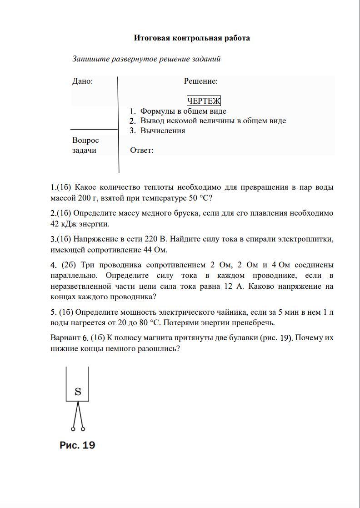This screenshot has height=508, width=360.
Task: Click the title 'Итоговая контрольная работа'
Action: [x=192, y=38]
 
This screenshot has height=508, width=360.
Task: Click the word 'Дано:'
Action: [x=82, y=81]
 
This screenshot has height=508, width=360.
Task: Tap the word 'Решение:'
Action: [x=200, y=81]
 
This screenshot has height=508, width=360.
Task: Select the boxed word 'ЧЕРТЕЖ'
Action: [x=204, y=101]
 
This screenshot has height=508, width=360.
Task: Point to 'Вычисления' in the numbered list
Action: [x=163, y=131]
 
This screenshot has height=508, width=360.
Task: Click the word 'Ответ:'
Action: [x=142, y=151]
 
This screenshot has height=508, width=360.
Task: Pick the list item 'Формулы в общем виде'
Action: [x=183, y=111]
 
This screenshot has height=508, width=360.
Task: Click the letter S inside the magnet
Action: [x=78, y=391]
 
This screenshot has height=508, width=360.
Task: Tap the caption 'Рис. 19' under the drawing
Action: [x=77, y=445]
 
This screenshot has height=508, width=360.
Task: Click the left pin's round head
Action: [x=73, y=428]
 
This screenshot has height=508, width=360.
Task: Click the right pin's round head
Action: [x=83, y=428]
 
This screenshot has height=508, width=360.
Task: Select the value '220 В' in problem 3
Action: [x=155, y=239]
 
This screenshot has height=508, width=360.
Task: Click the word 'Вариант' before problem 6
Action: [x=65, y=338]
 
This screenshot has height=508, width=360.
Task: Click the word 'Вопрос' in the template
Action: [x=85, y=141]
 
